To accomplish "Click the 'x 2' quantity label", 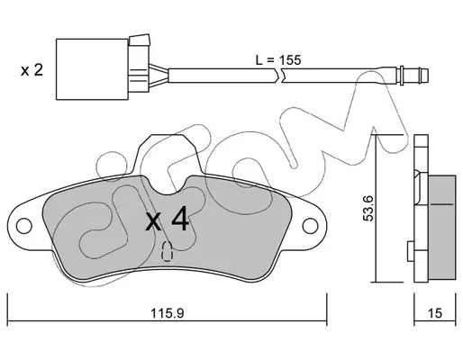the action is [x=32, y=70].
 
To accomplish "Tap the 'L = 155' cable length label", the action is [x=278, y=60].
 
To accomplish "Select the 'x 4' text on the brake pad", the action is [x=168, y=221].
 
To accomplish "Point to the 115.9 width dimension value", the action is [x=167, y=313].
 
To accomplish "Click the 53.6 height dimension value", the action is [x=368, y=208].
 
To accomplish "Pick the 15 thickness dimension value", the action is [x=435, y=313].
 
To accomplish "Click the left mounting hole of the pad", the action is [x=24, y=226].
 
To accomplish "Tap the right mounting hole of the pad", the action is [x=310, y=226].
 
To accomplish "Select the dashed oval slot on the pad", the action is [x=167, y=251].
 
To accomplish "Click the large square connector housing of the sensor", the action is [x=92, y=69].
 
